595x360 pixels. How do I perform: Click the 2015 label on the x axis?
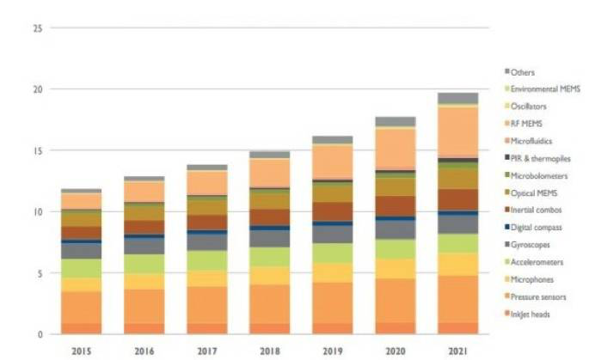[x=82, y=351]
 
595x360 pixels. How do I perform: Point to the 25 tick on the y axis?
[x=37, y=28]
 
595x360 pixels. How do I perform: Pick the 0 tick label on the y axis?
[x=40, y=333]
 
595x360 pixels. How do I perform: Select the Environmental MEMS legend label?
[x=543, y=89]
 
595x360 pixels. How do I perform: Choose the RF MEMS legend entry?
[x=526, y=124]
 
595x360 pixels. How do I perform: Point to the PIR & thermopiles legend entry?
[x=540, y=158]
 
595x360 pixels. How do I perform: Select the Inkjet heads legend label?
[x=531, y=314]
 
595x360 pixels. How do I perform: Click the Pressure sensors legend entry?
[x=537, y=296]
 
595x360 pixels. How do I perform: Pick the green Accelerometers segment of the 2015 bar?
[x=82, y=268]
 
